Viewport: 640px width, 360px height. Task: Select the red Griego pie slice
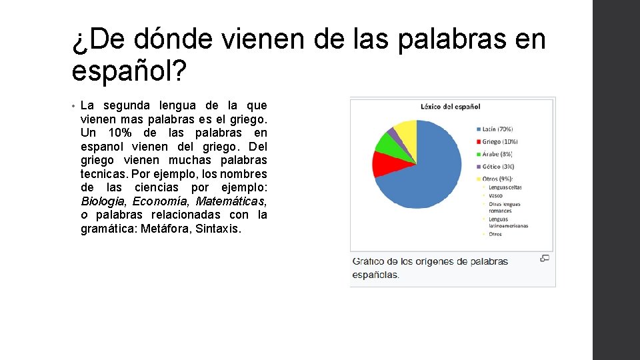(x=385, y=163)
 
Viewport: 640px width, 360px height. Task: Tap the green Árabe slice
(x=387, y=143)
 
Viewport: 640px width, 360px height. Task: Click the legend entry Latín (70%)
(x=497, y=129)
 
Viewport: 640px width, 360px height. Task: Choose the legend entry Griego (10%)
(x=499, y=141)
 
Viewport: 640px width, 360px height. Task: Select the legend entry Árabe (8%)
(x=497, y=154)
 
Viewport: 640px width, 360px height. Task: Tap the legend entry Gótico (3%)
(x=498, y=166)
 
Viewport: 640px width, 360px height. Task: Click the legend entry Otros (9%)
(x=497, y=179)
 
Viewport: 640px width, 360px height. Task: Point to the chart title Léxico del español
(x=451, y=106)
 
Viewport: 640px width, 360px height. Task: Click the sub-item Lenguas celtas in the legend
(x=505, y=187)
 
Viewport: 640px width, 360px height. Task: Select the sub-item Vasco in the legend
(x=497, y=195)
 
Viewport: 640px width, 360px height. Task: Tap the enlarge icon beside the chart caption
(x=545, y=259)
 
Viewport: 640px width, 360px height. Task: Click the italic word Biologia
(x=103, y=201)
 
